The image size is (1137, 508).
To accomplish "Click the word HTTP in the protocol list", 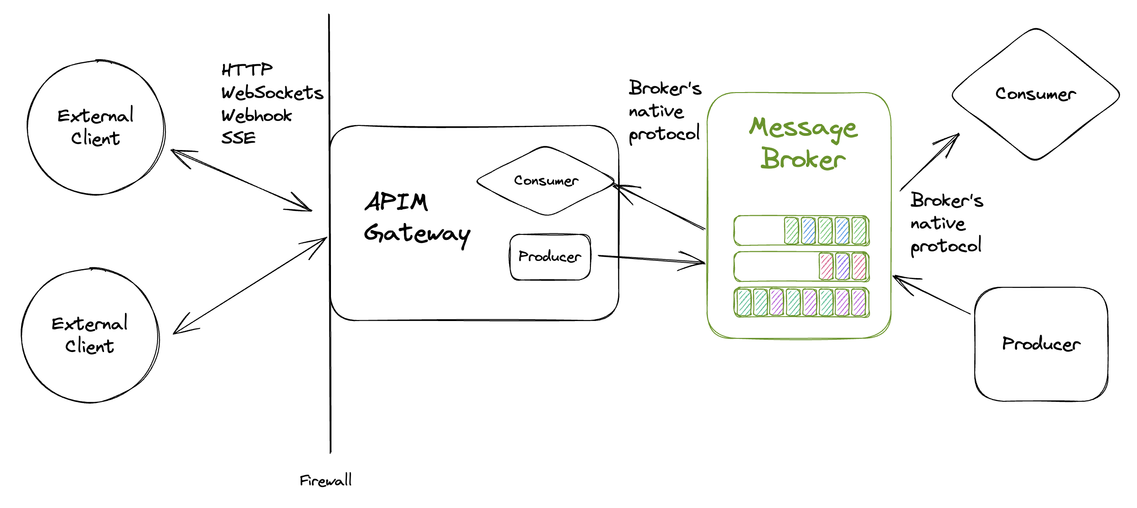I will [247, 70].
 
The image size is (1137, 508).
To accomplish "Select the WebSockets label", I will [272, 93].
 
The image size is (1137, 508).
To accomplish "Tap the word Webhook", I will [256, 116].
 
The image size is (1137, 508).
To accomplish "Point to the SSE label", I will [238, 138].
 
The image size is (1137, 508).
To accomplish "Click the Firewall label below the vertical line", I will [326, 480].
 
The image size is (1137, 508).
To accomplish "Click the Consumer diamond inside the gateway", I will [546, 181].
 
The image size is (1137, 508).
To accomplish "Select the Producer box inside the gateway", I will [550, 257].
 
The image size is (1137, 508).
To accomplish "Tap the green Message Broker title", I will [803, 143].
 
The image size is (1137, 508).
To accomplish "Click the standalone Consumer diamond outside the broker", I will [1035, 94].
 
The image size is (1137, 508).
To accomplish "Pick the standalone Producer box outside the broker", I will [1041, 344].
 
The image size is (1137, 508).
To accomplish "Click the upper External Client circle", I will [96, 127].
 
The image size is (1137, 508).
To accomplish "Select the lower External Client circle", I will [90, 335].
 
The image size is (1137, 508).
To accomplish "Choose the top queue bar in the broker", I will [801, 231].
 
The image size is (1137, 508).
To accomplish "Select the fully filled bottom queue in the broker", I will [801, 302].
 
